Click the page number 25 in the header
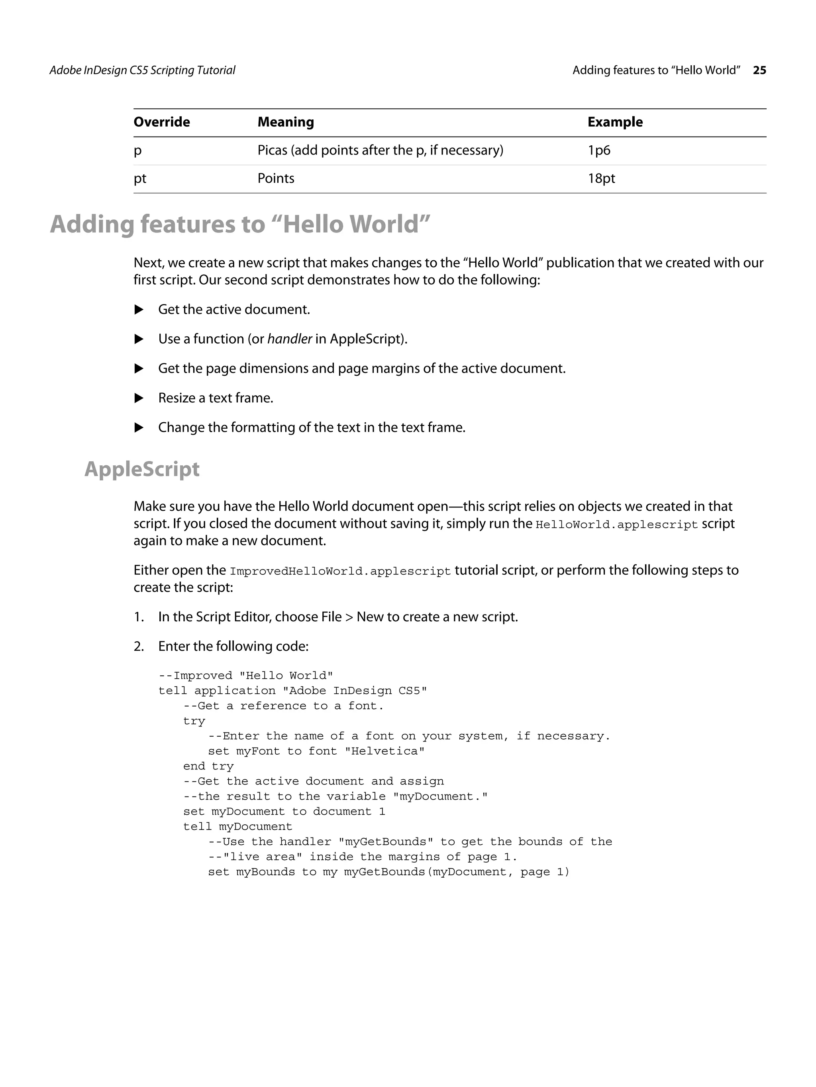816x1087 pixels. click(x=759, y=70)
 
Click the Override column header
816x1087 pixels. click(x=161, y=122)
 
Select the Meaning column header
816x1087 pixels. click(x=285, y=122)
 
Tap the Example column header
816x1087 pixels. click(x=615, y=122)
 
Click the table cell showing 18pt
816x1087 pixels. click(x=601, y=178)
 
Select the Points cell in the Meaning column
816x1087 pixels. click(x=275, y=178)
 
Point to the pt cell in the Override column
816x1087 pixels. click(x=140, y=178)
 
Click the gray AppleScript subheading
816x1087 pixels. click(x=142, y=469)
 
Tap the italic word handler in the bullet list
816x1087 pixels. click(x=289, y=339)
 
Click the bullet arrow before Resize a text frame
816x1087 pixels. click(x=139, y=398)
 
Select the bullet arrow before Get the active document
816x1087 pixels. click(x=139, y=310)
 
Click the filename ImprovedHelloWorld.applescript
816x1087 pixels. click(x=340, y=572)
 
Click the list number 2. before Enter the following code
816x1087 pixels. click(x=139, y=646)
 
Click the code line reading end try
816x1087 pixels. click(x=208, y=767)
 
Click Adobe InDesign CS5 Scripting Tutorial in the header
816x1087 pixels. click(x=142, y=70)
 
